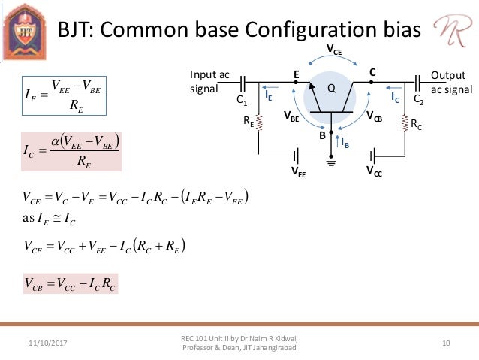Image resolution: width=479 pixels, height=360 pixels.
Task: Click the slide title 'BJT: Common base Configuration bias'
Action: (x=239, y=31)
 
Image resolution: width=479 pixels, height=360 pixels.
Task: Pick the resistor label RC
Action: (x=416, y=127)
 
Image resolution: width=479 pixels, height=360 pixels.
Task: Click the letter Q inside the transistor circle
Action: (x=330, y=88)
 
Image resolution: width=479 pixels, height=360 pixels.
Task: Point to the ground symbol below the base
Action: (x=331, y=161)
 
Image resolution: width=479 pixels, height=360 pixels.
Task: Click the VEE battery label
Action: (x=299, y=171)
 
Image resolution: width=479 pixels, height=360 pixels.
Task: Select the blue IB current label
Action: (x=345, y=142)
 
